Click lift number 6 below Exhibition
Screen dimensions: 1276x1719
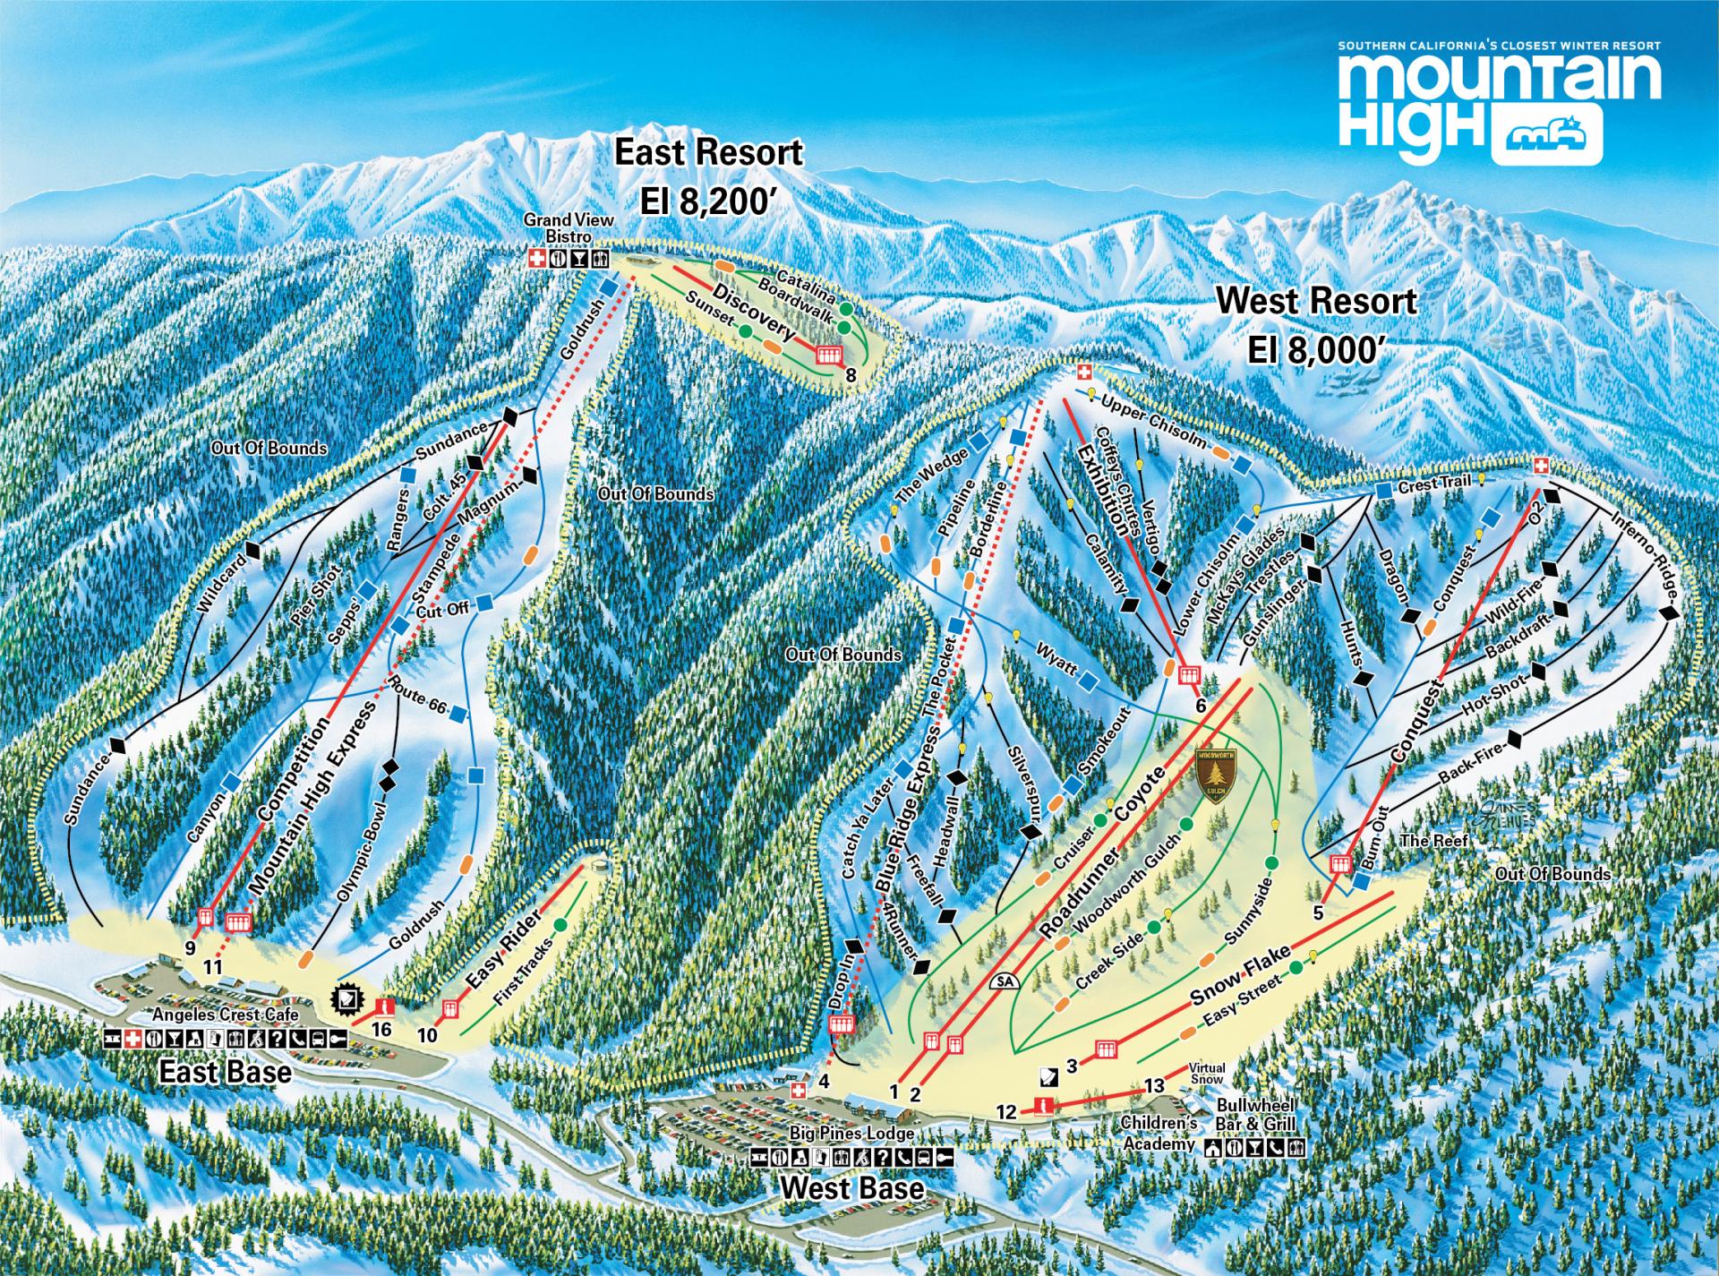point(1202,705)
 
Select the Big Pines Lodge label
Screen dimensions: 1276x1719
point(851,1133)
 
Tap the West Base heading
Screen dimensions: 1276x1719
point(851,1187)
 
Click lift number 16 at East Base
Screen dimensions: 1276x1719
point(381,1029)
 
